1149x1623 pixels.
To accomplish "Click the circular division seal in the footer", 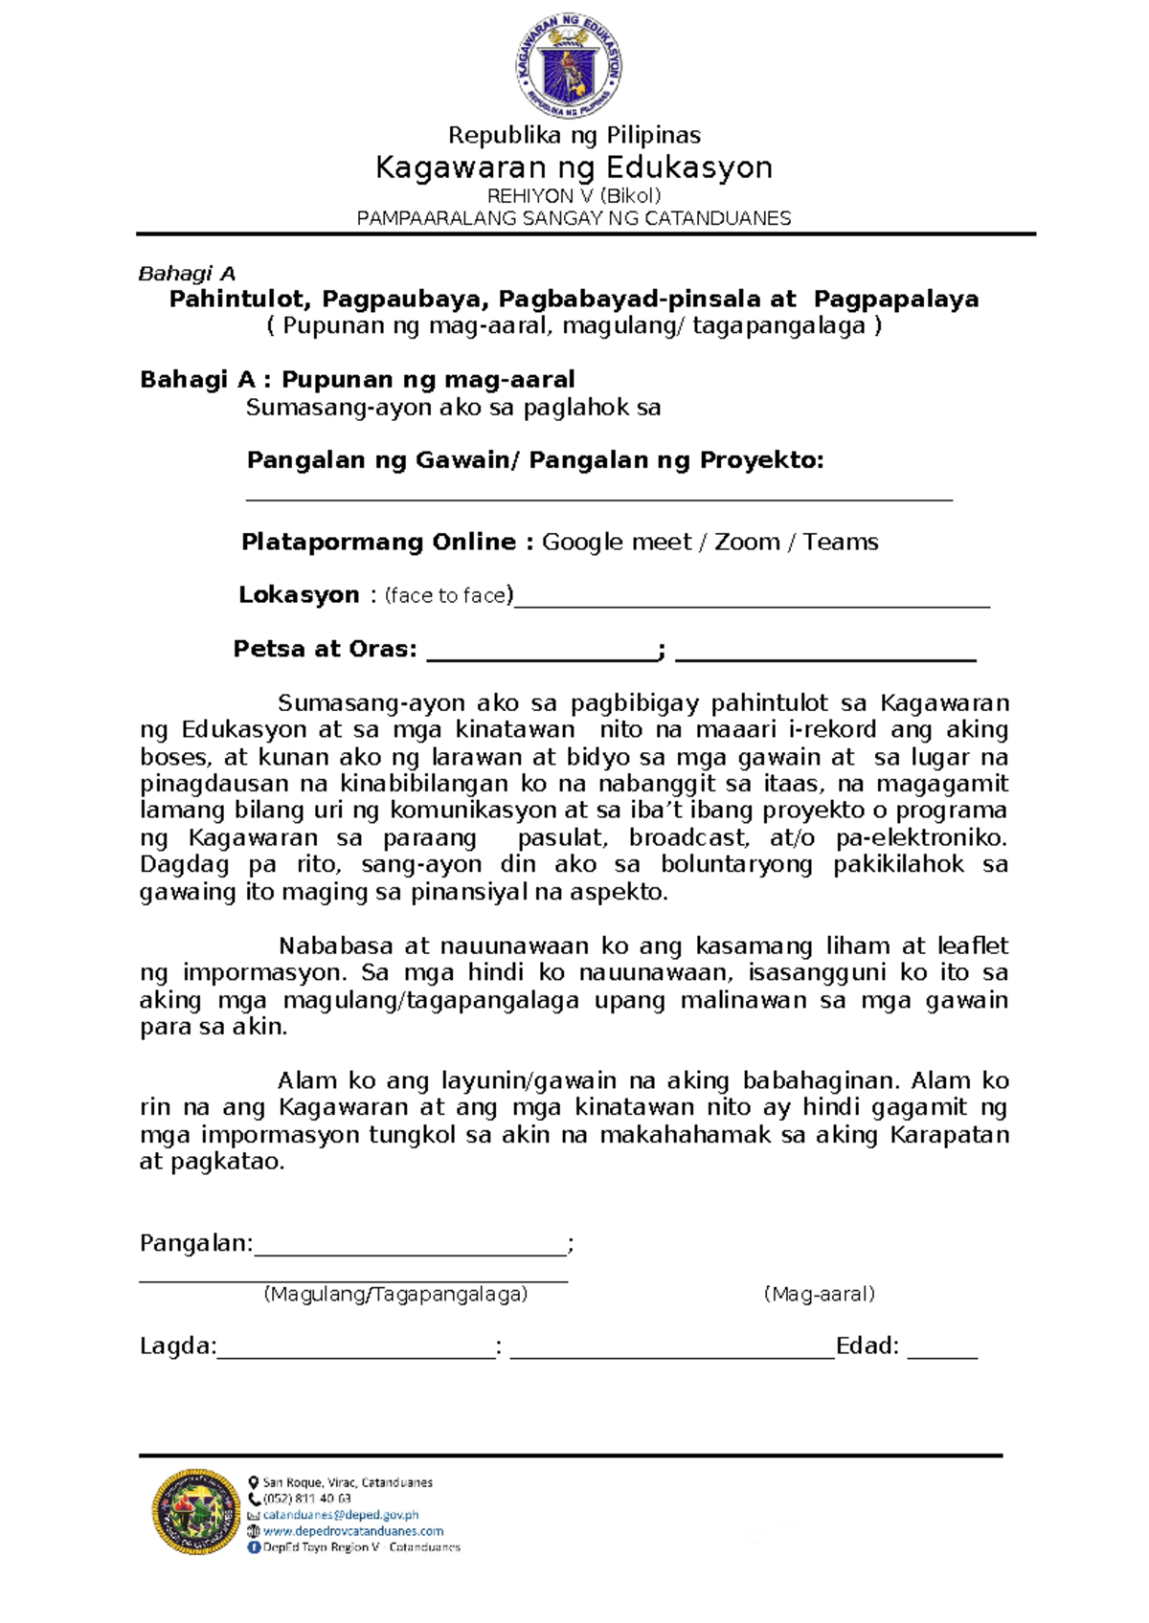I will [196, 1511].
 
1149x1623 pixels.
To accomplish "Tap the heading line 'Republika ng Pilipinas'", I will [574, 135].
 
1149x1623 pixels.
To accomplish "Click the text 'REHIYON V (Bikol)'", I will [574, 196].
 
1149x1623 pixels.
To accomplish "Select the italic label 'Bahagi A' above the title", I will [187, 274].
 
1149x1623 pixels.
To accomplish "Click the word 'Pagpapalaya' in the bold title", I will [896, 300].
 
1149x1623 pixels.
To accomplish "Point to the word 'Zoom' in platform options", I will [747, 542].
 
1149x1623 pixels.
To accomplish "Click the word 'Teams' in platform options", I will [840, 542].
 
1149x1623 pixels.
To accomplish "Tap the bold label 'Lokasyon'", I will [298, 595].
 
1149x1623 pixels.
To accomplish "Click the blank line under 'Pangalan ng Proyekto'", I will [599, 497].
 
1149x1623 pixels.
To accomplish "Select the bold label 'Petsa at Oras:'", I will [325, 649].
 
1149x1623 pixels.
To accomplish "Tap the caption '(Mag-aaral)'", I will [819, 1295].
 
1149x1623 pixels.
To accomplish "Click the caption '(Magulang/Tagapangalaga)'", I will [395, 1295].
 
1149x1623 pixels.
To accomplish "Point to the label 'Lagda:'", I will [178, 1346].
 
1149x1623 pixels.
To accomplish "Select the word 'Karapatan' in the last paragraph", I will [949, 1135].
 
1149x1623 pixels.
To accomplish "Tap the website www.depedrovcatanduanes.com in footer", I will [352, 1531].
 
